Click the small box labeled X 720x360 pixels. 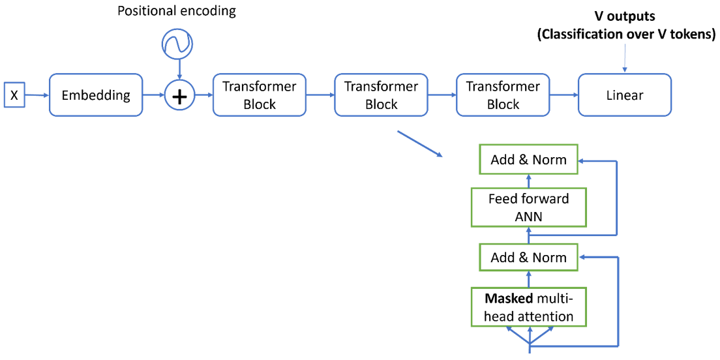pos(14,95)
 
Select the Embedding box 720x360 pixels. pos(96,95)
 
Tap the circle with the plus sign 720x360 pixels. pos(179,96)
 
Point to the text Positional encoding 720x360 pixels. pos(176,11)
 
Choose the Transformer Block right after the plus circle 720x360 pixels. pos(259,95)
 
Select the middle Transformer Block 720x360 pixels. pos(381,95)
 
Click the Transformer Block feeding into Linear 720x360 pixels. pos(503,95)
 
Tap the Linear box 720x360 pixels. pos(624,95)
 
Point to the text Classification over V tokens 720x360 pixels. pos(626,35)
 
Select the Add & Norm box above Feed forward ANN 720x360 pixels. pos(528,160)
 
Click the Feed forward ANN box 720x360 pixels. pos(528,207)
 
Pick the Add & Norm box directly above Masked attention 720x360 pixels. pos(528,257)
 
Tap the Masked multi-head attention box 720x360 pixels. pos(528,307)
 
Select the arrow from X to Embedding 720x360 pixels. pos(37,95)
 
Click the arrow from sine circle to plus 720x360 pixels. pos(179,68)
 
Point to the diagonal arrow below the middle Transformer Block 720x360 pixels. pos(419,143)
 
